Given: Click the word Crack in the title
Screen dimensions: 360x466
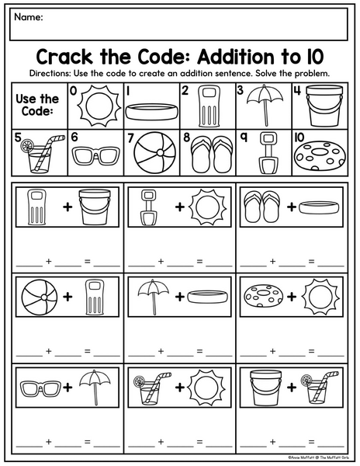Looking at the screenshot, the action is click(x=64, y=57).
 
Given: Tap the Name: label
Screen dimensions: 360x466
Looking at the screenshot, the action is click(x=29, y=17).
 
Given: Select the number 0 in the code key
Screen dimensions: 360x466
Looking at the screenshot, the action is click(x=73, y=90).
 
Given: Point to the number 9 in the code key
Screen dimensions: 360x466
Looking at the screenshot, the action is click(x=244, y=137).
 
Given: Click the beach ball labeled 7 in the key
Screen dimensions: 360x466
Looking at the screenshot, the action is click(x=154, y=152).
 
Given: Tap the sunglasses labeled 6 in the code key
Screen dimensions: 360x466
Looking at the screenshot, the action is click(x=96, y=155).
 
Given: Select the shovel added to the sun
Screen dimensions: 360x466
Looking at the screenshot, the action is click(x=148, y=207).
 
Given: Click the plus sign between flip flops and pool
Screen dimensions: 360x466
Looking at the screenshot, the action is click(x=292, y=207).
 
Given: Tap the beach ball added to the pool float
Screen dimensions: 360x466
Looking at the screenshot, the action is click(x=40, y=297).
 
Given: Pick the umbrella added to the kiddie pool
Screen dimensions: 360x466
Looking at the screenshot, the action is click(x=154, y=297).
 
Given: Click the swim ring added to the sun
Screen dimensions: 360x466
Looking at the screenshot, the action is click(x=263, y=297).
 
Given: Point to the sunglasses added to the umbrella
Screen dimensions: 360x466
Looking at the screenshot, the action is click(x=40, y=388).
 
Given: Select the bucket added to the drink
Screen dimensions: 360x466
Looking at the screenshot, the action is click(x=265, y=388).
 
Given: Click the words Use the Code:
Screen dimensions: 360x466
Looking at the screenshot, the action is click(x=37, y=105).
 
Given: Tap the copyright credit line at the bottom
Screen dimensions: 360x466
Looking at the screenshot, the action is click(x=318, y=457).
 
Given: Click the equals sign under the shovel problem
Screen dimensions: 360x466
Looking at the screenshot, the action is click(x=199, y=262).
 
